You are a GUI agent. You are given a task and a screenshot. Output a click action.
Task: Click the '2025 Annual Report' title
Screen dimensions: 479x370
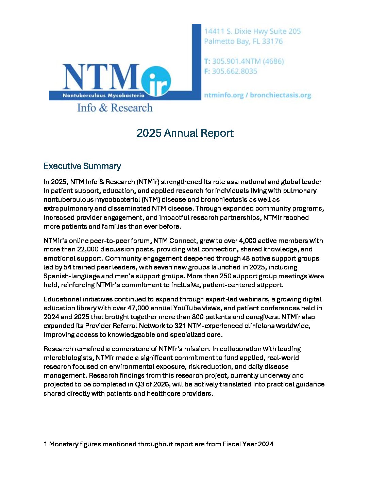185,133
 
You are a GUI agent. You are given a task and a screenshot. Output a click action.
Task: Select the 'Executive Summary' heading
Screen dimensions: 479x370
82,166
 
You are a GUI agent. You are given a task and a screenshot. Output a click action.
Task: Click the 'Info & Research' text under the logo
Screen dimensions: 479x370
115,108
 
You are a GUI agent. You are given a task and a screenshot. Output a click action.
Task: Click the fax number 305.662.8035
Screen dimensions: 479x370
234,71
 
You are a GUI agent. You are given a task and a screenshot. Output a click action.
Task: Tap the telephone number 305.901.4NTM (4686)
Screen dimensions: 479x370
248,62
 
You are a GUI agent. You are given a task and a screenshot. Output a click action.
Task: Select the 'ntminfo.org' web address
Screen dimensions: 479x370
223,95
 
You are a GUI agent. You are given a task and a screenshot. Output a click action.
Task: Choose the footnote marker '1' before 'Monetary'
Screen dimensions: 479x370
46,444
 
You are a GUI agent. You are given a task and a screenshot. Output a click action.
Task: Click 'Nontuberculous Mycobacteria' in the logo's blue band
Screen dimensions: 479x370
103,96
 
